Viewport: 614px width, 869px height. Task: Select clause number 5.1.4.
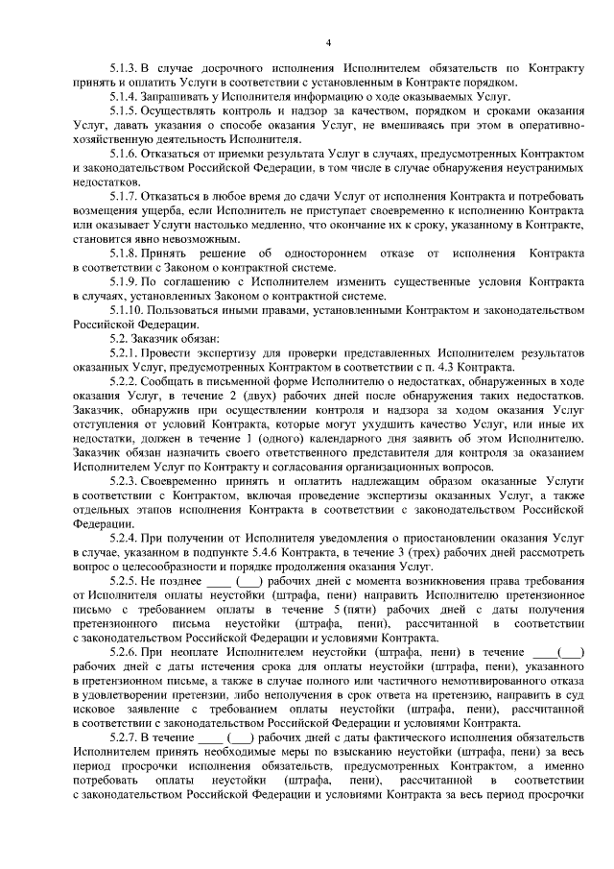(124, 94)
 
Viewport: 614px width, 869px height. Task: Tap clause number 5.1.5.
(124, 110)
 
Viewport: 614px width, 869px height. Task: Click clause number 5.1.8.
(124, 252)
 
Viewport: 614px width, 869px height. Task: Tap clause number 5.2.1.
(124, 355)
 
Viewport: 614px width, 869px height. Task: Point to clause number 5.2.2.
(124, 382)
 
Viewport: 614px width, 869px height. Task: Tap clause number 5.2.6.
(124, 653)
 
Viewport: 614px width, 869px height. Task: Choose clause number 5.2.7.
(124, 737)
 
